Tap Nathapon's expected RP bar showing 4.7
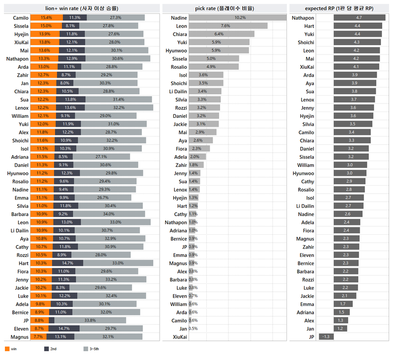[x=359, y=18]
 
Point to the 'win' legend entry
[x=13, y=349]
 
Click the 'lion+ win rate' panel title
[x=82, y=8]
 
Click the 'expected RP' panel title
[x=339, y=8]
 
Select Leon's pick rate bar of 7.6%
[x=228, y=26]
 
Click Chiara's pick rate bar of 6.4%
[x=222, y=34]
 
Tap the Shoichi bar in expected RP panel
[x=357, y=42]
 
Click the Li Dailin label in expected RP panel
[x=306, y=206]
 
